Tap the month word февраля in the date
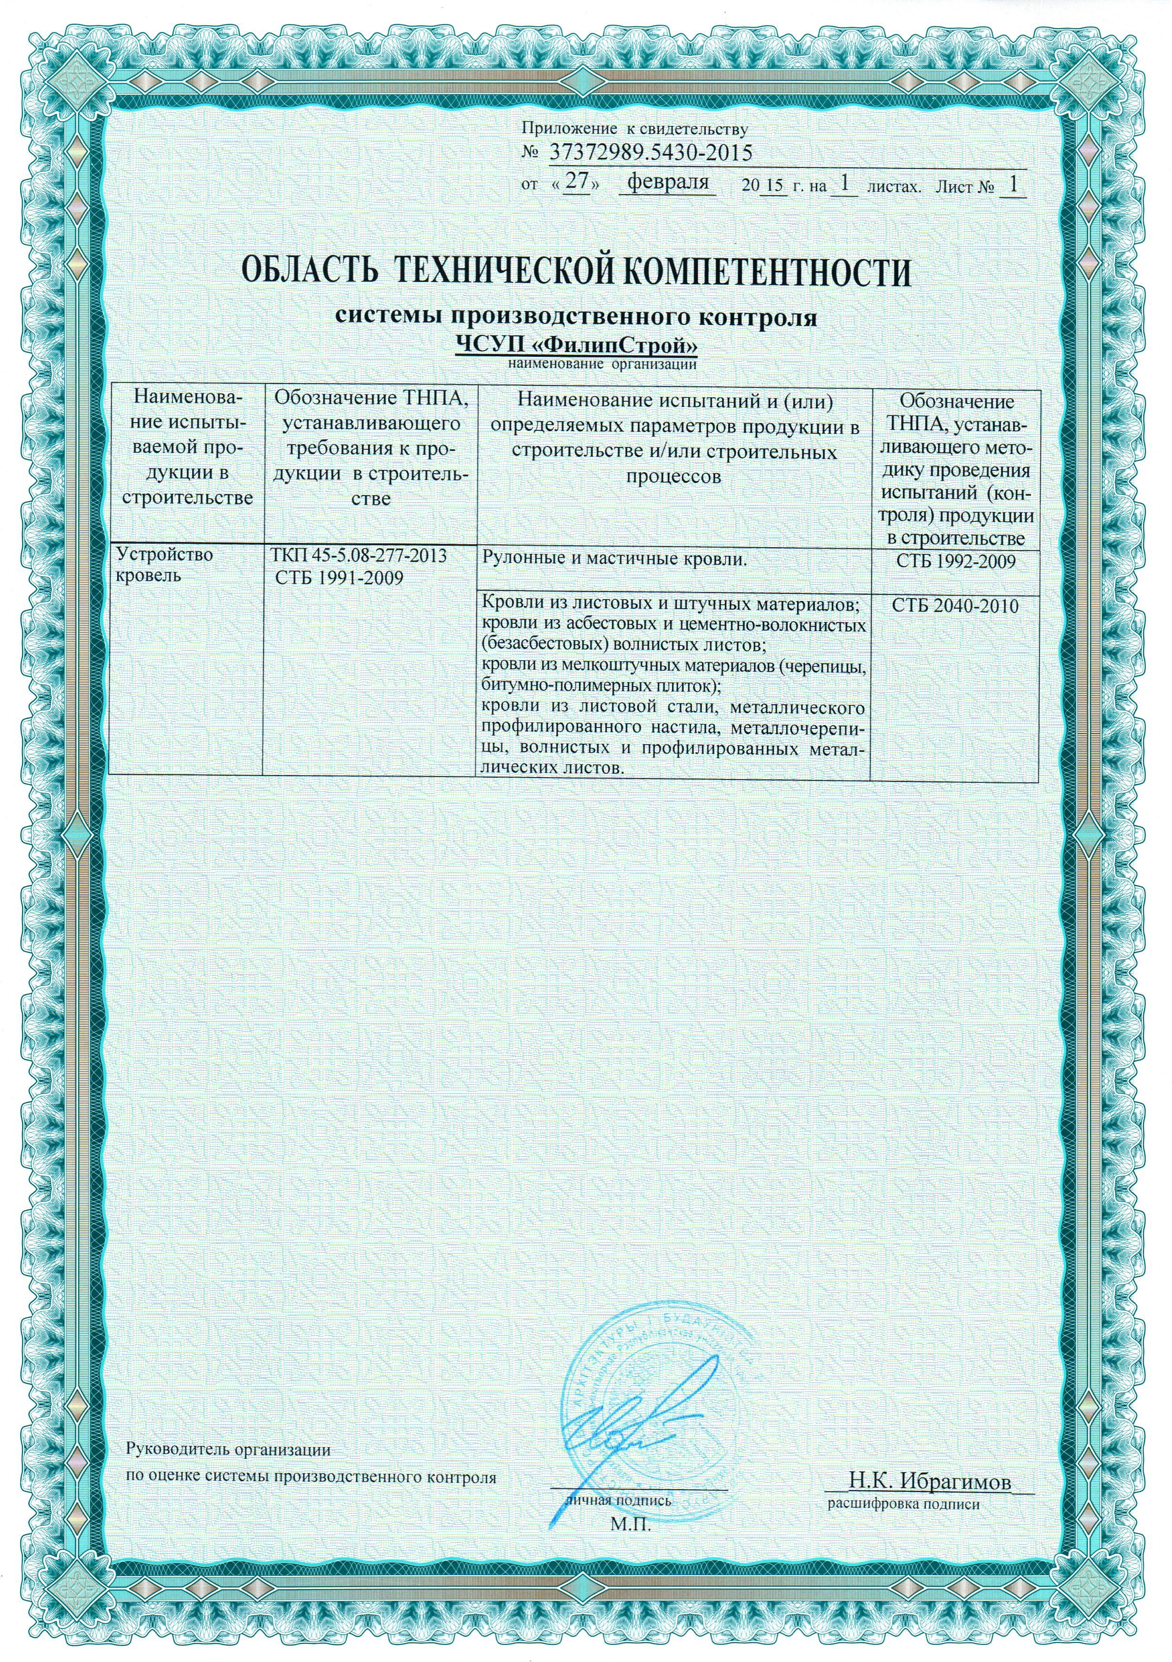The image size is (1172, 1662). click(667, 182)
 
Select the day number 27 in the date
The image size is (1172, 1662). click(576, 182)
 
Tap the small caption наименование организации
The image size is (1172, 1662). click(602, 364)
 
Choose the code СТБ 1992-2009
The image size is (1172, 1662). click(955, 561)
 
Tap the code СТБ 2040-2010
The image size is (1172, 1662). click(955, 605)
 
